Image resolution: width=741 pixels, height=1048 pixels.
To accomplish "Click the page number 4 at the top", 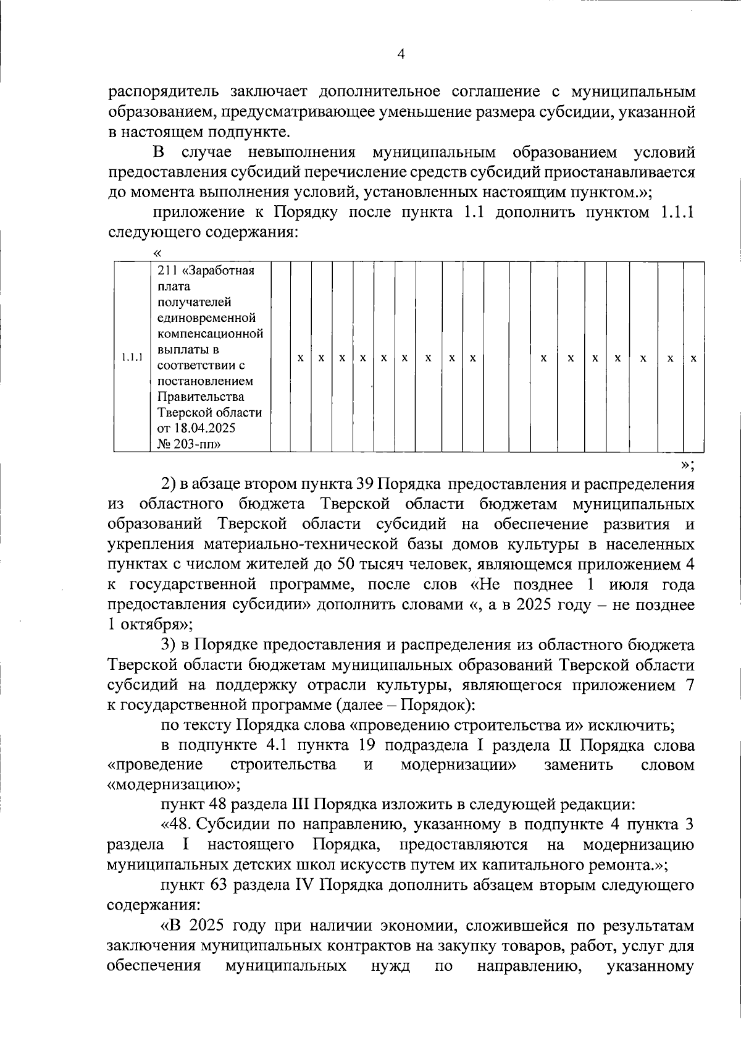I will [401, 54].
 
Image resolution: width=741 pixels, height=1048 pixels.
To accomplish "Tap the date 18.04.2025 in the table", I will [201, 428].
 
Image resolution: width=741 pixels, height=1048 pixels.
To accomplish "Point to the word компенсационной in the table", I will [211, 334].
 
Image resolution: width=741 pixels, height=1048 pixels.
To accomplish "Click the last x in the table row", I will [693, 358].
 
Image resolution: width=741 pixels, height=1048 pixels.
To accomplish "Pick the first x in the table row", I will [300, 358].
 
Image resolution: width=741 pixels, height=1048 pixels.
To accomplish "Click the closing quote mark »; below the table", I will [687, 465].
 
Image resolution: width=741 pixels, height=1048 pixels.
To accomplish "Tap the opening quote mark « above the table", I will [157, 252].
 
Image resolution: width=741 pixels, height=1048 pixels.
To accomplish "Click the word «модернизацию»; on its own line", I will [174, 785].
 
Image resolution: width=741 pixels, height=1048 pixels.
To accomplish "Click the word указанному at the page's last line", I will [650, 965].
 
